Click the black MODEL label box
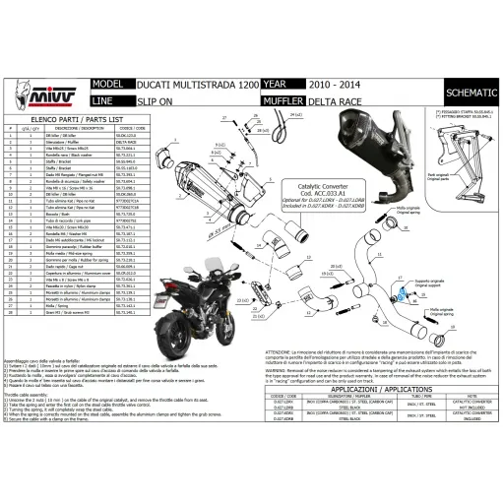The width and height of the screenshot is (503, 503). (106, 85)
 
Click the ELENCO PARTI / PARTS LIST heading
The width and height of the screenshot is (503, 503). (85, 117)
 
